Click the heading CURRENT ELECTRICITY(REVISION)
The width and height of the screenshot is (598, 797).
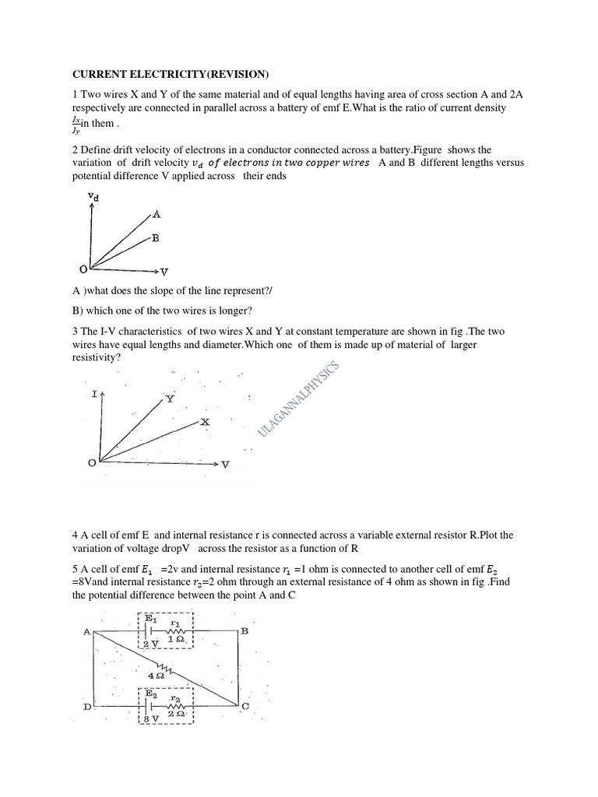[170, 75]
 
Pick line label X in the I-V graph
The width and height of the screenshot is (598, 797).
[206, 421]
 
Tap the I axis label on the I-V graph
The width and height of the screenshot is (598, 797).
[94, 395]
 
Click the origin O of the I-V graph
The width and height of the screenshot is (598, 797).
[92, 463]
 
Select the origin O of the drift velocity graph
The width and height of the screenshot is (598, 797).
[83, 269]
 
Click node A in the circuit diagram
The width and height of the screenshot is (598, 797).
[86, 632]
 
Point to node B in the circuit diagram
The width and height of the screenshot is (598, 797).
[244, 631]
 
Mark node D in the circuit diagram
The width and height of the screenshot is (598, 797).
[86, 705]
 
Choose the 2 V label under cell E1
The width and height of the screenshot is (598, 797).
[151, 644]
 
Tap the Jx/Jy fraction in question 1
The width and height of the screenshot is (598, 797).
[76, 127]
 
